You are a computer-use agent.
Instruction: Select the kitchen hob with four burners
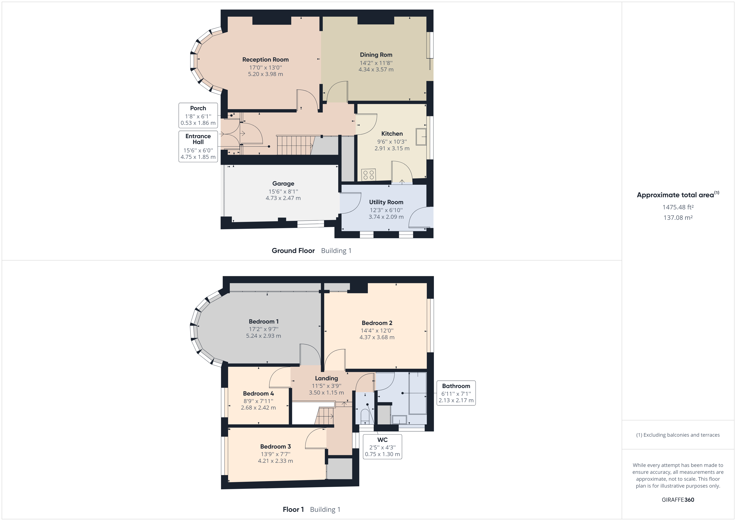coord(368,175)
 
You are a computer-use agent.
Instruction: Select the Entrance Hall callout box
coord(198,146)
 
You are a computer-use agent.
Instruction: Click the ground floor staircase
coord(294,145)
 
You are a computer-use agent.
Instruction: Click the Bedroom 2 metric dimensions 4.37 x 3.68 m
coord(377,337)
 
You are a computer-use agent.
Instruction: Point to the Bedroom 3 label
coord(275,446)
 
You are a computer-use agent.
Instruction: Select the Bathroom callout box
coord(456,393)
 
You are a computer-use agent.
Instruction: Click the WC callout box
coord(382,446)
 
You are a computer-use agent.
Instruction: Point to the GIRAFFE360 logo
coord(678,500)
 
